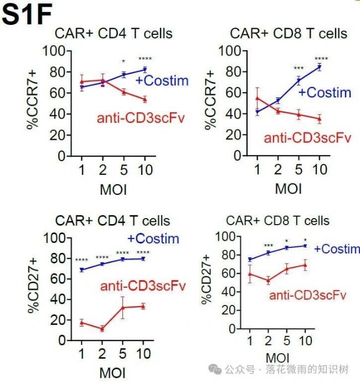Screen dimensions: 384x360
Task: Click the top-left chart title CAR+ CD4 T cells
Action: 113,34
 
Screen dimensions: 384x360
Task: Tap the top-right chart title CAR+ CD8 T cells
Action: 289,34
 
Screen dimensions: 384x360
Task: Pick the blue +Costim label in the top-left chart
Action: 162,81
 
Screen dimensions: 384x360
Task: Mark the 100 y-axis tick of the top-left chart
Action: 55,51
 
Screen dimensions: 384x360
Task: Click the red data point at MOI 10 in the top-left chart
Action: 145,100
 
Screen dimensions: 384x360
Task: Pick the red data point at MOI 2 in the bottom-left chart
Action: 102,329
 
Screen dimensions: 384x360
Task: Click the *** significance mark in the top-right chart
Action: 299,69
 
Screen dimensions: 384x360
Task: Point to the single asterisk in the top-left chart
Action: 124,61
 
